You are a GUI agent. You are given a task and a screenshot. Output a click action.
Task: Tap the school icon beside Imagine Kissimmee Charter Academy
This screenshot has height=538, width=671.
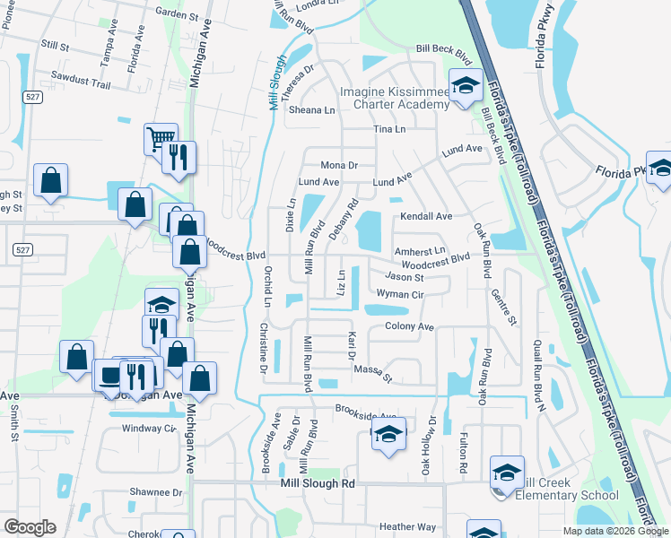466,88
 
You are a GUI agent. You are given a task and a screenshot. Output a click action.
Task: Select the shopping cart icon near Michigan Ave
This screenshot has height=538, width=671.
160,138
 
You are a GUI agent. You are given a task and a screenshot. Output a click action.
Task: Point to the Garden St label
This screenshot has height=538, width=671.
176,13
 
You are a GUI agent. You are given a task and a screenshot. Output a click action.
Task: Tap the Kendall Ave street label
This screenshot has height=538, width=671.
426,216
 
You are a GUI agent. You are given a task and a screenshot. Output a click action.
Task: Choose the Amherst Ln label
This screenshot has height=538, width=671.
420,251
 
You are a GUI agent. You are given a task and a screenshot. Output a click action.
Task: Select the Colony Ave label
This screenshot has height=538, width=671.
409,326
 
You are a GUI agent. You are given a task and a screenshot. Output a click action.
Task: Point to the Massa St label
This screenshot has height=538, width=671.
373,372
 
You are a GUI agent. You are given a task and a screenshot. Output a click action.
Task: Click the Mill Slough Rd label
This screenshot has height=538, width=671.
318,483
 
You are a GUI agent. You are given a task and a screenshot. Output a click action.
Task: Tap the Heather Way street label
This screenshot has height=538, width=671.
407,527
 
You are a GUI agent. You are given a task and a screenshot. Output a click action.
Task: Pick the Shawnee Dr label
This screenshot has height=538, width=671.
156,492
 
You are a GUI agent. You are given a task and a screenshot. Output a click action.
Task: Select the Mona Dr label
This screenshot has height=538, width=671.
339,165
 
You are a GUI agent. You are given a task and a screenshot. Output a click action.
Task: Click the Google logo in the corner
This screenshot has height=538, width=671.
30,527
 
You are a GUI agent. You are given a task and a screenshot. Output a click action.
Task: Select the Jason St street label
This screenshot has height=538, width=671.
405,278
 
